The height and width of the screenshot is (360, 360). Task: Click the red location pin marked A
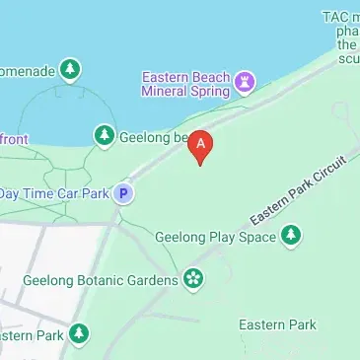201,146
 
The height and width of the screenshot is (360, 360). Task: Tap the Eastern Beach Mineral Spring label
185,84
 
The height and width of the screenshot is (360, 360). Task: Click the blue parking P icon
123,193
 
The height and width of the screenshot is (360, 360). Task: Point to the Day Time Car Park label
54,193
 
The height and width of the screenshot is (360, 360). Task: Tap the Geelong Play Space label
215,237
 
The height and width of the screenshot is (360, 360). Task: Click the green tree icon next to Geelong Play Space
290,235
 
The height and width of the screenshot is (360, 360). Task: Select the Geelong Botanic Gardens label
100,280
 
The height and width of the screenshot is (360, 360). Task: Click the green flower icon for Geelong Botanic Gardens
192,279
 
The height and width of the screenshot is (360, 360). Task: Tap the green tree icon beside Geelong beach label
104,134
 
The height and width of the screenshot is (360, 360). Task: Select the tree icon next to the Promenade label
69,69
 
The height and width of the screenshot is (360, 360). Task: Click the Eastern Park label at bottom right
277,324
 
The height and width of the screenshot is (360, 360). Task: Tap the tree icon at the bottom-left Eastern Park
78,335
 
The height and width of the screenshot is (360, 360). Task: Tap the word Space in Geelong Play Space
254,237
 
